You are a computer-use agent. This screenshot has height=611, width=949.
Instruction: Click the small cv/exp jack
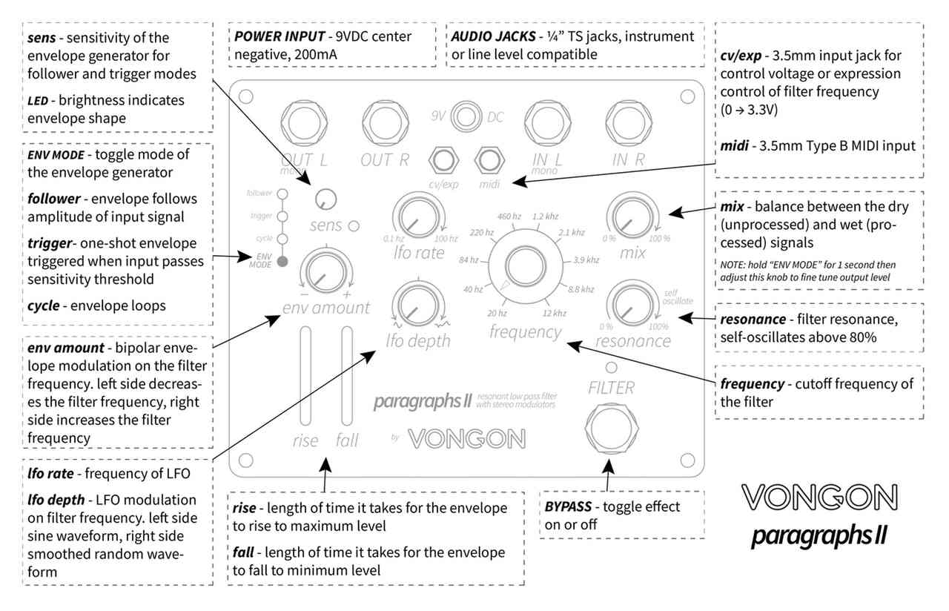tap(445, 159)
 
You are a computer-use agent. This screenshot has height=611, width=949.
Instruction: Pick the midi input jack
tap(487, 159)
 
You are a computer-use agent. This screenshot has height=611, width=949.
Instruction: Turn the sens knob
tap(324, 198)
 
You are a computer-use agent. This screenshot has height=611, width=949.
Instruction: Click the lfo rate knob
tap(417, 217)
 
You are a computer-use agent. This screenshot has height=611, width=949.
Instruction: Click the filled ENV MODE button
tap(281, 261)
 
